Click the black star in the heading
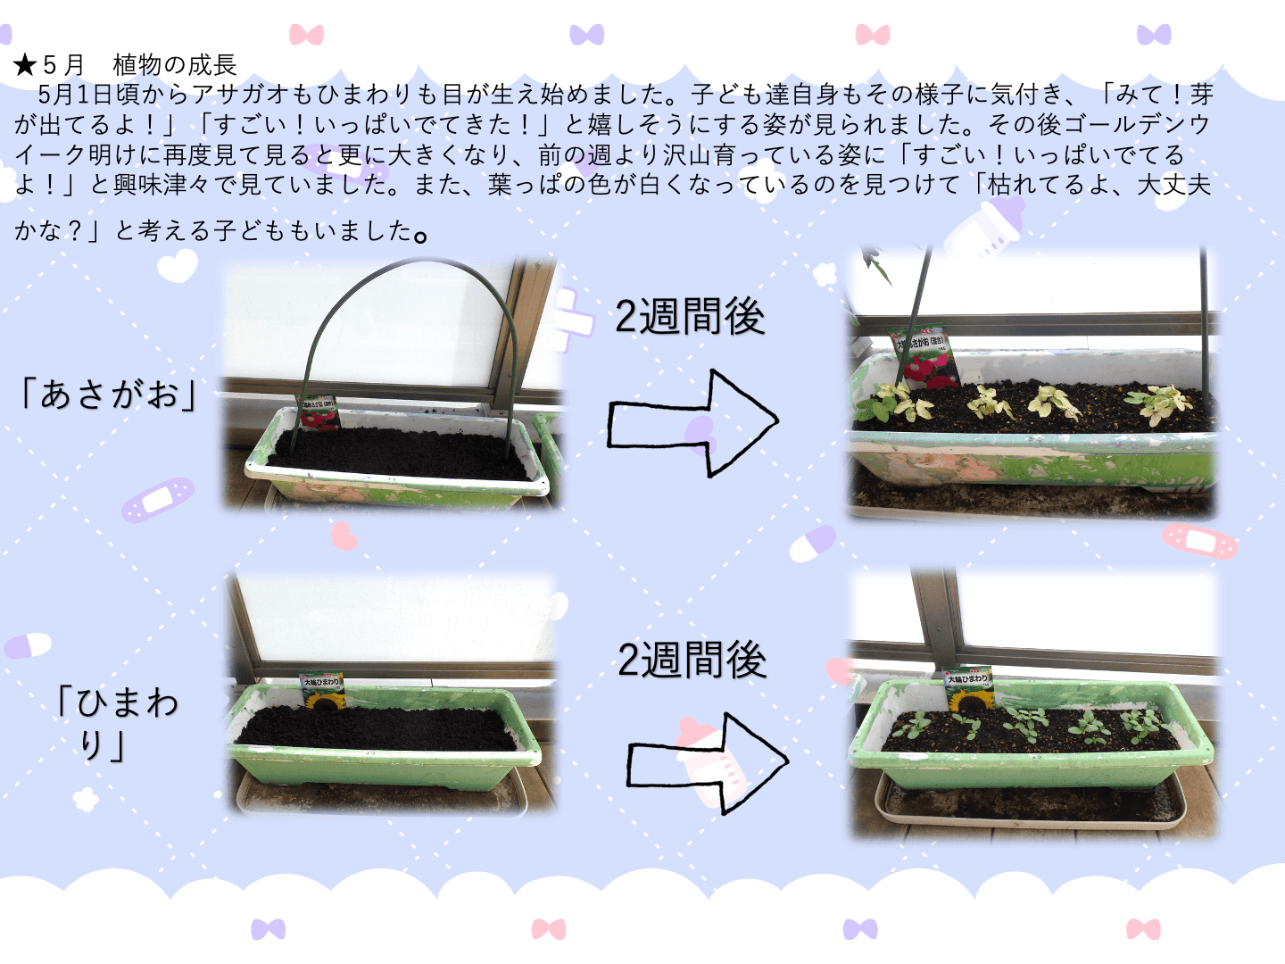pos(25,65)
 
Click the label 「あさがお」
pos(108,394)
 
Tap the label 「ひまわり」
pos(115,723)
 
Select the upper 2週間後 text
pos(690,316)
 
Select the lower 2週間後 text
pos(692,660)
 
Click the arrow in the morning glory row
pos(692,422)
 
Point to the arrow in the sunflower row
pos(708,763)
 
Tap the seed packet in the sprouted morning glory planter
pos(924,358)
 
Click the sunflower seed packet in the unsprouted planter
pos(321,691)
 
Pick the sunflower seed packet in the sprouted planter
pos(967,689)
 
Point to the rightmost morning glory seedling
pos(1159,403)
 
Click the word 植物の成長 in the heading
pos(174,65)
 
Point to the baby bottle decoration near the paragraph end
pos(984,229)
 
